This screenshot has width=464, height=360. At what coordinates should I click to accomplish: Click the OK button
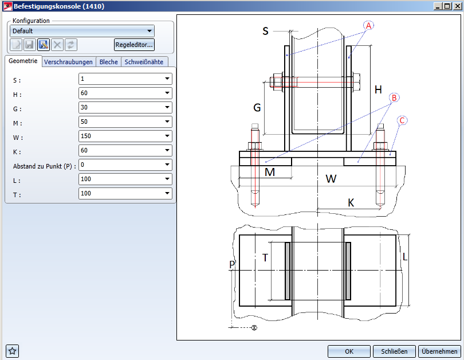[x=349, y=351]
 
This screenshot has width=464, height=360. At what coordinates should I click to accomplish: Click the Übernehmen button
[x=440, y=351]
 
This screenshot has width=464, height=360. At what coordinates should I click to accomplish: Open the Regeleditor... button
[x=134, y=44]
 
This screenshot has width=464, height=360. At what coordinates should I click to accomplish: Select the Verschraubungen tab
[x=68, y=62]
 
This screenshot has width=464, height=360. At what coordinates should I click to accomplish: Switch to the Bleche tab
[x=108, y=62]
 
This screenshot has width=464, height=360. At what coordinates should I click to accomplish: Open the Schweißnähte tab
[x=144, y=62]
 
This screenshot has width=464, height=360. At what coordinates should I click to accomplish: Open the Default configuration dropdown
[x=82, y=30]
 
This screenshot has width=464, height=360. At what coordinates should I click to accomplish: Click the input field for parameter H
[x=121, y=93]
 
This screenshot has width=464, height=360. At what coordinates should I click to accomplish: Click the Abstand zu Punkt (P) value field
[x=121, y=165]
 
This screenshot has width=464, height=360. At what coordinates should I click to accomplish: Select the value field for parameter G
[x=121, y=107]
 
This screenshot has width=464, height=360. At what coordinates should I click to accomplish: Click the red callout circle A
[x=368, y=26]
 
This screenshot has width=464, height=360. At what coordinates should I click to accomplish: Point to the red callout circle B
[x=394, y=97]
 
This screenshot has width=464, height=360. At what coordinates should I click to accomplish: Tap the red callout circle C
[x=403, y=120]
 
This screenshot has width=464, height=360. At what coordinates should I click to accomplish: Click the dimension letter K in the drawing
[x=351, y=202]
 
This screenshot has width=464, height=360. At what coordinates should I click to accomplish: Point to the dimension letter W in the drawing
[x=331, y=179]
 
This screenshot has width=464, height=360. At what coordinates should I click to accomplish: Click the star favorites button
[x=13, y=351]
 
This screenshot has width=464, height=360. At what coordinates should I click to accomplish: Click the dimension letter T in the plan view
[x=265, y=258]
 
